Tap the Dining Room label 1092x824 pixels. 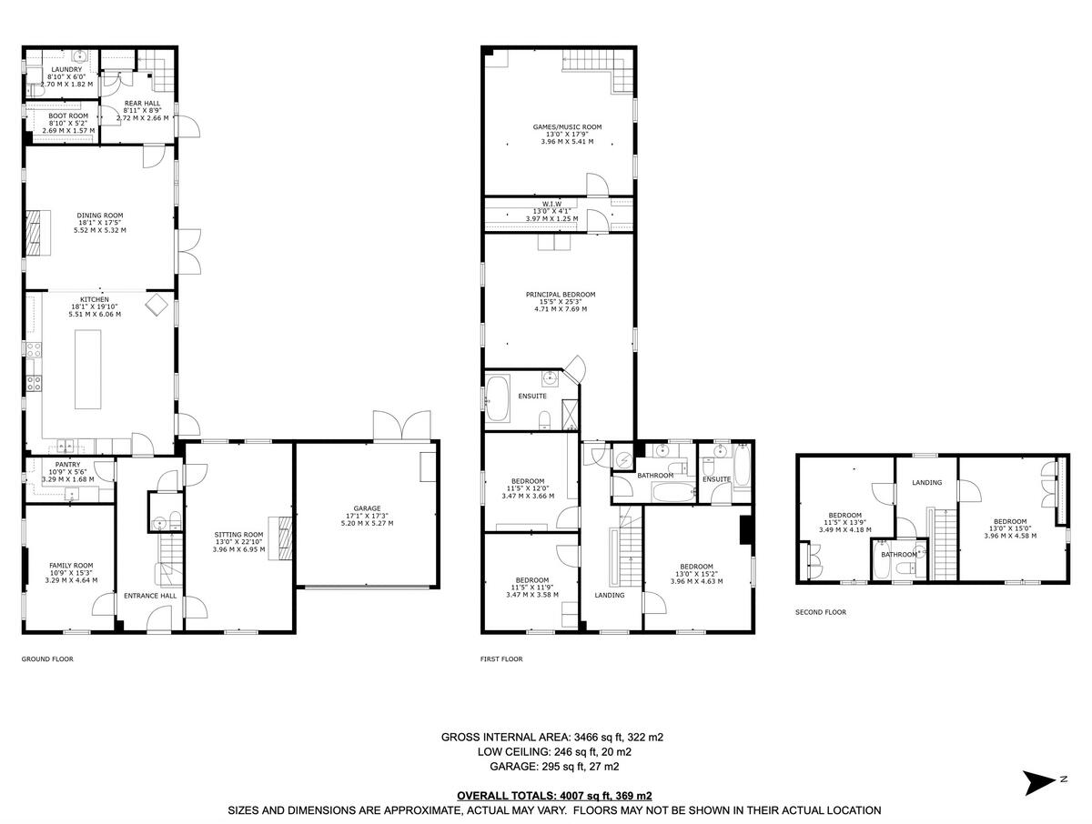tap(100, 216)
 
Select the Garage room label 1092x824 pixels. tap(367, 508)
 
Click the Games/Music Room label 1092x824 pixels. tap(567, 127)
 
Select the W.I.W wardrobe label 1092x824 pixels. tap(551, 204)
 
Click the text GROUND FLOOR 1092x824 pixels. tap(47, 658)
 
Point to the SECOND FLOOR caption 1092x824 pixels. tap(821, 612)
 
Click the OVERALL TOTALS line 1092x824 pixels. tap(554, 795)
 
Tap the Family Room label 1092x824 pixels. tap(71, 566)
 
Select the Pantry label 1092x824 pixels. tap(68, 464)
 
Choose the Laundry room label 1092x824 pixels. tap(66, 70)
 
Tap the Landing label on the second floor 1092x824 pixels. tap(926, 483)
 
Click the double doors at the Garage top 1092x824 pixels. tap(400, 426)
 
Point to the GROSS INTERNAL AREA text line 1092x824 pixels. tap(552, 737)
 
